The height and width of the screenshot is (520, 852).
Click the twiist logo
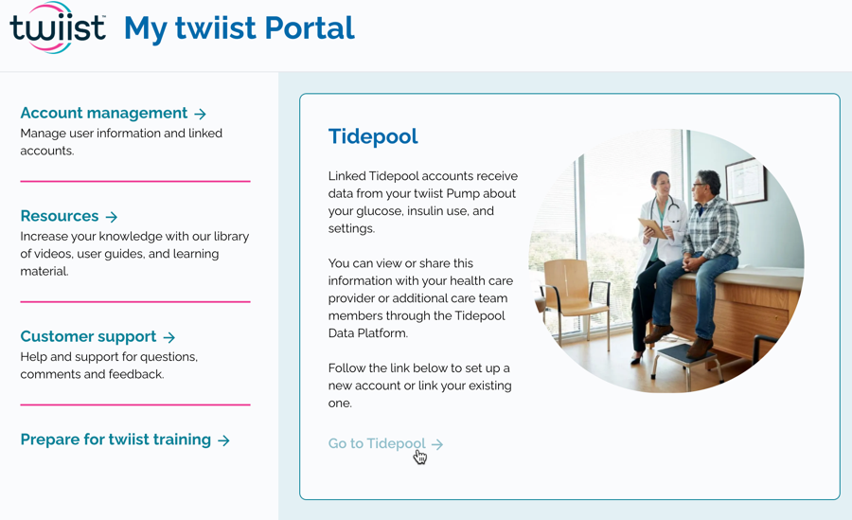pyautogui.click(x=58, y=27)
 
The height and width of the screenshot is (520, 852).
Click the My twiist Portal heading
pyautogui.click(x=240, y=28)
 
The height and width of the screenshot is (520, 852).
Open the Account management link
pyautogui.click(x=104, y=113)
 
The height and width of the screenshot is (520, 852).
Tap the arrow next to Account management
pyautogui.click(x=201, y=114)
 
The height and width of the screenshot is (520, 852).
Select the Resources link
pyautogui.click(x=60, y=216)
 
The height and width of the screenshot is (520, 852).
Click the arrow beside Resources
pyautogui.click(x=112, y=217)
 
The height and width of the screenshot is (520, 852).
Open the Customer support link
pyautogui.click(x=89, y=336)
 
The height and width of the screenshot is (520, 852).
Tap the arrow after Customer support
pyautogui.click(x=169, y=337)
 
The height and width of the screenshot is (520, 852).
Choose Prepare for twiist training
pyautogui.click(x=115, y=439)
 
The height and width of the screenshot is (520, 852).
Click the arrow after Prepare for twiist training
pyautogui.click(x=223, y=440)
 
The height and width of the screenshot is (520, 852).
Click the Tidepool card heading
pyautogui.click(x=373, y=136)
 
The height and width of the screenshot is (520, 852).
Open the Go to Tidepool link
pyautogui.click(x=377, y=443)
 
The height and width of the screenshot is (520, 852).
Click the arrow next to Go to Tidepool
pyautogui.click(x=437, y=444)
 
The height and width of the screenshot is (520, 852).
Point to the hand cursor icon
pyautogui.click(x=420, y=457)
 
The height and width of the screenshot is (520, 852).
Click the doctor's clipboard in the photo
pyautogui.click(x=653, y=228)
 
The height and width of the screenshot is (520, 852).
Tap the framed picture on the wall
pyautogui.click(x=746, y=181)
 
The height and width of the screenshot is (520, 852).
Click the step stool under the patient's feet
pyautogui.click(x=687, y=362)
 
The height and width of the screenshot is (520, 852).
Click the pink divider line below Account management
pyautogui.click(x=135, y=181)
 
